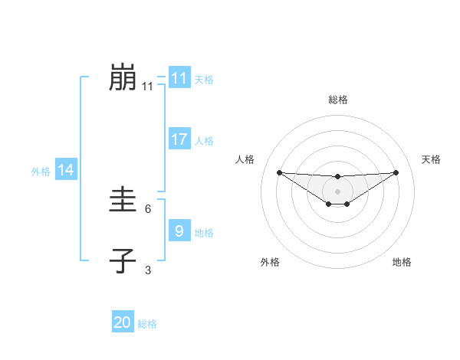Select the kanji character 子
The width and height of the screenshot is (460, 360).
(x=123, y=261)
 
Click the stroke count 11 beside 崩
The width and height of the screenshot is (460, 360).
(x=148, y=87)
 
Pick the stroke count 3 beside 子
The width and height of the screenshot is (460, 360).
(x=148, y=269)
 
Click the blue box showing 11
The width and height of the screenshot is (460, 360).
(x=179, y=78)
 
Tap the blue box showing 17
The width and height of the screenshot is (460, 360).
(x=179, y=139)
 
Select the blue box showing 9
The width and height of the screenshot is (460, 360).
(x=179, y=231)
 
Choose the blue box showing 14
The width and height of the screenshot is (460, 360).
(x=65, y=170)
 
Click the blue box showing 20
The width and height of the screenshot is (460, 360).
(x=122, y=322)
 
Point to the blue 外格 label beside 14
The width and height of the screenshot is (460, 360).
(x=41, y=172)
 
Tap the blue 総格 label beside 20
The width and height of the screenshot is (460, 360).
(x=147, y=324)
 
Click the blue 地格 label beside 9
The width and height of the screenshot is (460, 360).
(x=204, y=232)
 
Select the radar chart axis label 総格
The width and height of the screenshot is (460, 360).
(x=338, y=100)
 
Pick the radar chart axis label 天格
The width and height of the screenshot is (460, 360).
(x=432, y=159)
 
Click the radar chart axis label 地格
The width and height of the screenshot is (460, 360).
(x=402, y=262)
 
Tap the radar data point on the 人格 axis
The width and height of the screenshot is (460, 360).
(x=279, y=172)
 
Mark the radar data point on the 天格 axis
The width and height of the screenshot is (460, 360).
(x=396, y=172)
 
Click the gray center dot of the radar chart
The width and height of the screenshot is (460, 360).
(x=338, y=191)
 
